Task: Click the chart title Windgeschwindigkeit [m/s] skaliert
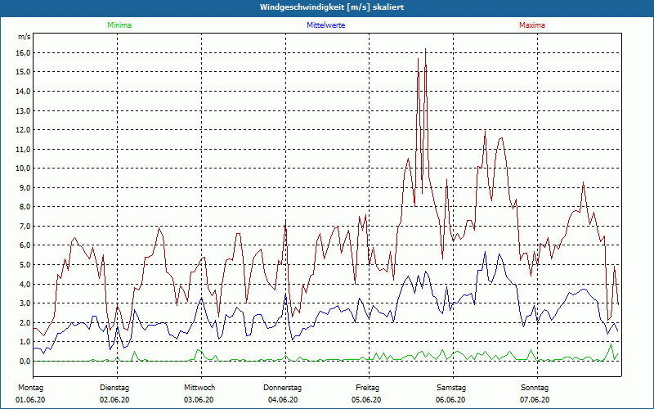click(326, 7)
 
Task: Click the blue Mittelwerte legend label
click(325, 25)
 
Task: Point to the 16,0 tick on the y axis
click(23, 52)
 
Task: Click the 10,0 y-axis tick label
click(23, 169)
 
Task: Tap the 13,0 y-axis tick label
click(23, 110)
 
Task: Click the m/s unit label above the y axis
click(24, 37)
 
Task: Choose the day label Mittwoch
click(199, 387)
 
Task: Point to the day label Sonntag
click(535, 387)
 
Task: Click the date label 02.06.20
click(116, 400)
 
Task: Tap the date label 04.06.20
click(284, 400)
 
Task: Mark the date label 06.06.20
click(450, 400)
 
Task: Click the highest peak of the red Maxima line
click(425, 49)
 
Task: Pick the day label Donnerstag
click(283, 387)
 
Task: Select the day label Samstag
click(450, 387)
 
